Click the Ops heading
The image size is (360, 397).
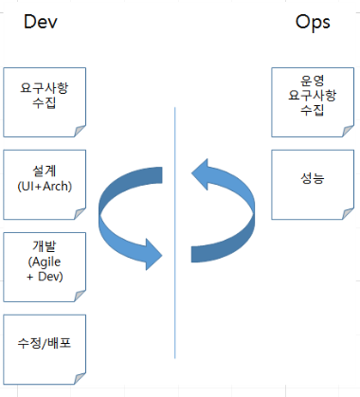tap(313, 22)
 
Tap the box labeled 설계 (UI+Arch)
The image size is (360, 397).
tap(45, 178)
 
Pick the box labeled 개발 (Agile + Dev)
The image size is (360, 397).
tap(45, 261)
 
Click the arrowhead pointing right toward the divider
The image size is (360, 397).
tap(152, 251)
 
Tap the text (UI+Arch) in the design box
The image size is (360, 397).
tap(45, 185)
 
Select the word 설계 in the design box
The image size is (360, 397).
tap(45, 170)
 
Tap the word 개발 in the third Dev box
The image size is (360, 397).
tap(45, 245)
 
